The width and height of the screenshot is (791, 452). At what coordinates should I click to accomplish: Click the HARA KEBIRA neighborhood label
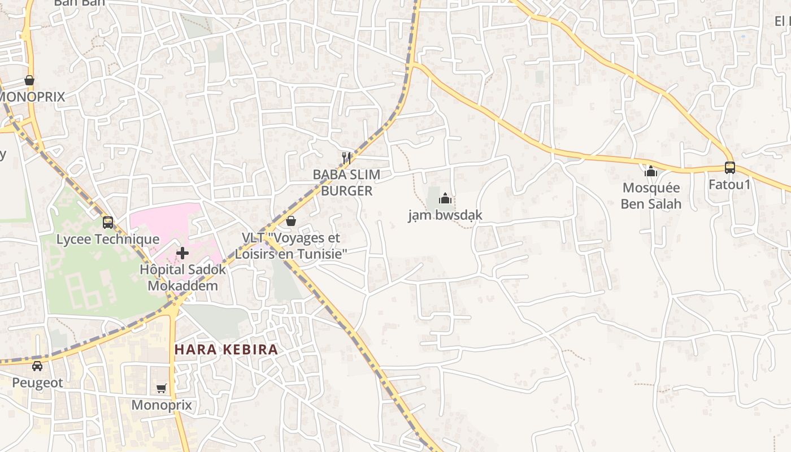(226, 349)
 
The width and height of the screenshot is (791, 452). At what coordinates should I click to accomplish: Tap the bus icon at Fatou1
(730, 168)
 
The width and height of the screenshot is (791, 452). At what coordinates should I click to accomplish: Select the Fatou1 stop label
(729, 185)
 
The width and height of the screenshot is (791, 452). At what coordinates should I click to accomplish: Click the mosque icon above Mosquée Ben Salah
(651, 171)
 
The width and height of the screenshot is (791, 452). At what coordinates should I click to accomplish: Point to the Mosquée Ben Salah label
(651, 195)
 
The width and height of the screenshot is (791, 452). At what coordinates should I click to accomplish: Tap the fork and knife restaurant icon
(346, 158)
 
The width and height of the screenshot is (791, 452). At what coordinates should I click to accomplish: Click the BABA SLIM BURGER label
(346, 182)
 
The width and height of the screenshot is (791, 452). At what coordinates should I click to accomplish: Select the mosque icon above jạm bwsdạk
(445, 198)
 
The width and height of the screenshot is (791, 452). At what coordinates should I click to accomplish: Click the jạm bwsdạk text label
(445, 215)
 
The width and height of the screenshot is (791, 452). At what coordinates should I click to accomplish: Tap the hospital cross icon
(182, 253)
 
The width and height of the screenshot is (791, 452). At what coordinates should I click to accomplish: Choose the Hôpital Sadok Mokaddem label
(182, 277)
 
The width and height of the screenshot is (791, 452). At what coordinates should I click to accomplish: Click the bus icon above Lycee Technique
(108, 223)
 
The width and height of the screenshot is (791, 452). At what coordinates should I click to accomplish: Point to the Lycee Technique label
(108, 240)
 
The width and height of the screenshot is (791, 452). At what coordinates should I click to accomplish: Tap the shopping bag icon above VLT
(291, 221)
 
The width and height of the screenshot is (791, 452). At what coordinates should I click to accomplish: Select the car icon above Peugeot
(37, 366)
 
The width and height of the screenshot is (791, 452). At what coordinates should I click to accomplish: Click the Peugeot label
(37, 383)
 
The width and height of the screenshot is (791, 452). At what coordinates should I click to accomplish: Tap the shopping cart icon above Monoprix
(162, 388)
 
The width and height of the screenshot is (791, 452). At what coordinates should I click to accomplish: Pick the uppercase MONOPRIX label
(32, 97)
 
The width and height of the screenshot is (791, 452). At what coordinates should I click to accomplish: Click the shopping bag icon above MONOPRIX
(29, 80)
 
